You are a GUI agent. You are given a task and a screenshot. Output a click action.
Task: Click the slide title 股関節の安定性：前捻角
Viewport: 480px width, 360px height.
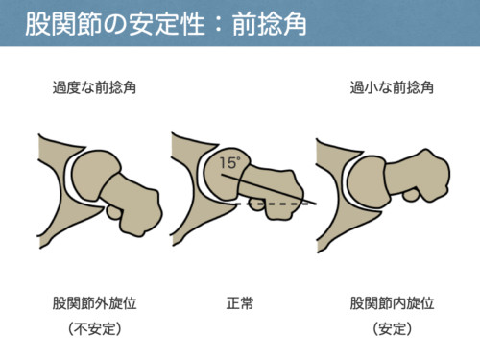click(x=166, y=24)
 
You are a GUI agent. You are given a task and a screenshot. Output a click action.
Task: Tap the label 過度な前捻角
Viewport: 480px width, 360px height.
click(x=94, y=87)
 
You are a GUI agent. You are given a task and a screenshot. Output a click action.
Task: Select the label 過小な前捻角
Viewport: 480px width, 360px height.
click(x=392, y=87)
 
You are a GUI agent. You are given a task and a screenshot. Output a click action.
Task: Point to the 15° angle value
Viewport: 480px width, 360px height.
click(x=229, y=163)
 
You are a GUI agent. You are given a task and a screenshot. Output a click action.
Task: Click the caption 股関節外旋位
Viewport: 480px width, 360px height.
click(x=95, y=303)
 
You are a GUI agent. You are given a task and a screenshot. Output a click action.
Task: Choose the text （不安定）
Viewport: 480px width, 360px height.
click(x=95, y=329)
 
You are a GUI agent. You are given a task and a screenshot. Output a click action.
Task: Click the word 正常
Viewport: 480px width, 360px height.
click(x=240, y=303)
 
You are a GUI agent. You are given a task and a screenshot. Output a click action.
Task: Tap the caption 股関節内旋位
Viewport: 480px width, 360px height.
click(x=392, y=303)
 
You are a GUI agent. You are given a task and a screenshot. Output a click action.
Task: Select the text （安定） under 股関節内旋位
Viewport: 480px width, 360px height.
click(x=392, y=329)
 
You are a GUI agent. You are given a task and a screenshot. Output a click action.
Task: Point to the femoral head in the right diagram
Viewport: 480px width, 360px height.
click(x=368, y=182)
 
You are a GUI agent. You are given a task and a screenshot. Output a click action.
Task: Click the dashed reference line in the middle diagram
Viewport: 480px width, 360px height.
click(x=272, y=204)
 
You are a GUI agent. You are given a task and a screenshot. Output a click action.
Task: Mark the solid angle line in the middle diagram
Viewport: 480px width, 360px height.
click(x=269, y=189)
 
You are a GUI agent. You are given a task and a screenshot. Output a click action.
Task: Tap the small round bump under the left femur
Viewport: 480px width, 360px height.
click(x=112, y=213)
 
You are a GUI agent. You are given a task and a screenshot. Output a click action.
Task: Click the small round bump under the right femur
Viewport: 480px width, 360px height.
click(x=411, y=195)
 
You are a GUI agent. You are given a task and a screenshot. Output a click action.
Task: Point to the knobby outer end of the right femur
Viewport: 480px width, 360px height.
click(x=432, y=175)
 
